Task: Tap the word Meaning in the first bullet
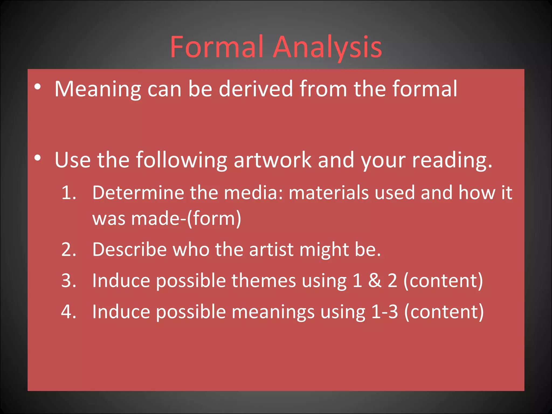[x=98, y=89]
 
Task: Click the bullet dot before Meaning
[x=37, y=87]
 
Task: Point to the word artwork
[x=272, y=160]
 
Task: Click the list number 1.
[x=69, y=193]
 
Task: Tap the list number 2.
[x=69, y=249]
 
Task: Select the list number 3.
[x=69, y=281]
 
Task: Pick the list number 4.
[x=69, y=312]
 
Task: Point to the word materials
[x=328, y=193]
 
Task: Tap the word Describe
[x=129, y=249]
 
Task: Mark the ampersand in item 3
[x=375, y=281]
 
